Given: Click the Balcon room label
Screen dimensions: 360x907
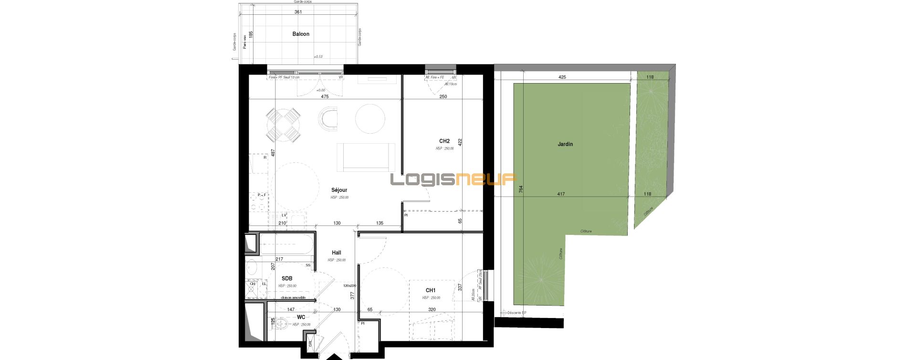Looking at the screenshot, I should (x=301, y=34).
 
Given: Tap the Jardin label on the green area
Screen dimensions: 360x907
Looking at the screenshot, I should (x=565, y=144).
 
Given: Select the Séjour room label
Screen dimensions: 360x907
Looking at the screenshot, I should (x=339, y=190).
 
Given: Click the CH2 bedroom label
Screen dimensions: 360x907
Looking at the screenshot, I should (x=444, y=141).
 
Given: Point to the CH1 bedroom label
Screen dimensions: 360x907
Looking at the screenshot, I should (x=431, y=290).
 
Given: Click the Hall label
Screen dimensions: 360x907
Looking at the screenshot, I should (x=337, y=253).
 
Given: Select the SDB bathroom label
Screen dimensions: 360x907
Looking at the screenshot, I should (x=287, y=278).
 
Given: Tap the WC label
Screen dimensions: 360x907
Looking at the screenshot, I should (x=301, y=317).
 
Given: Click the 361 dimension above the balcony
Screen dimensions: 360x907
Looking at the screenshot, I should (x=299, y=12).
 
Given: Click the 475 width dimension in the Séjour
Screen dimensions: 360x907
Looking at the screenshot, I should (x=325, y=97).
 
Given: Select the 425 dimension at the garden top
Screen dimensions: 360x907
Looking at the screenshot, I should (x=562, y=77).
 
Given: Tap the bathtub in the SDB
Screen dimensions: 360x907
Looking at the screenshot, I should (x=286, y=244).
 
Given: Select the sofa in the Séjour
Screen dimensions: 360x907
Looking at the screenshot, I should (x=366, y=157).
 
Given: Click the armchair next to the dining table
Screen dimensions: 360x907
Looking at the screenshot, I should (x=328, y=118).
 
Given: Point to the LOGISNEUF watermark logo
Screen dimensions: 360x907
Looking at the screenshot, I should (x=453, y=180).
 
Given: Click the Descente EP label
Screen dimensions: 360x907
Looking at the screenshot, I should (x=516, y=313).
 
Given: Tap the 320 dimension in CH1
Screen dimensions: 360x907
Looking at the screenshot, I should (x=432, y=309).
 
